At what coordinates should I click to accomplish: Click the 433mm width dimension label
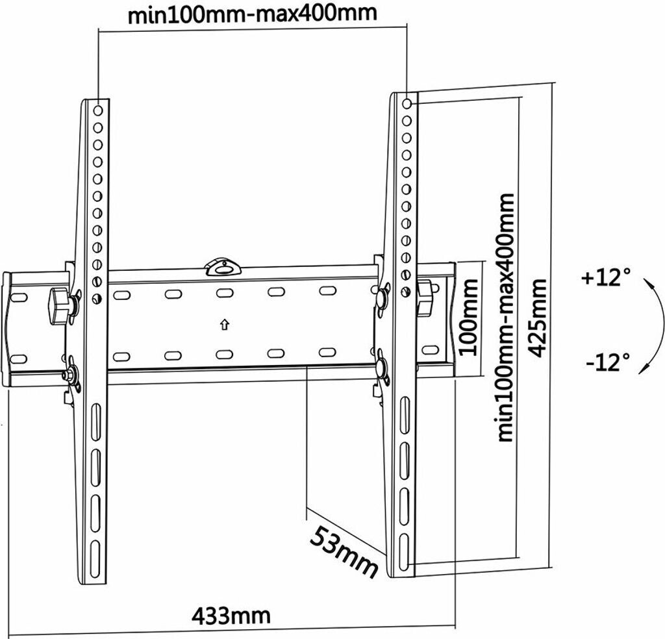click(x=231, y=614)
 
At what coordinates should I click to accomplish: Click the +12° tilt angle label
click(x=607, y=279)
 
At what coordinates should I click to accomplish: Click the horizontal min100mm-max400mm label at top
click(x=252, y=14)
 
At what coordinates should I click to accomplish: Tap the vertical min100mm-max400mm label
click(x=505, y=317)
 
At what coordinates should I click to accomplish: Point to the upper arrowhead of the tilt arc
click(x=646, y=284)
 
